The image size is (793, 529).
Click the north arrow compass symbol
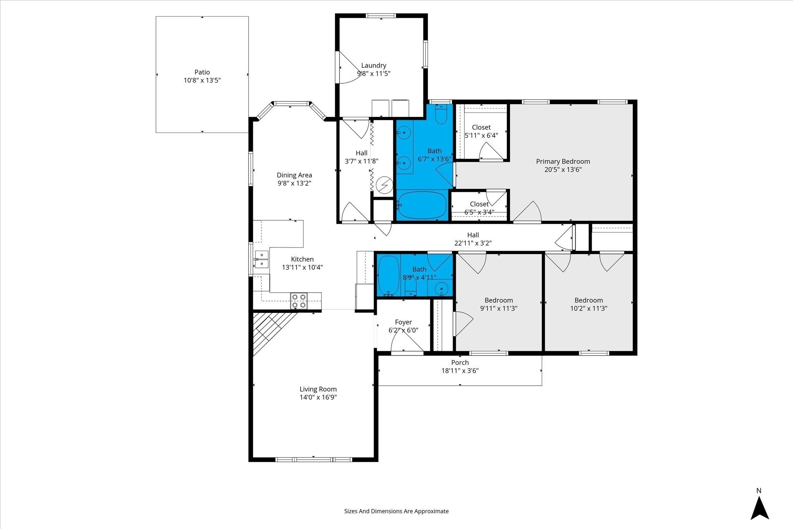759,509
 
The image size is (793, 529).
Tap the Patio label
202,72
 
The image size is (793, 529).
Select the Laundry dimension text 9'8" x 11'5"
374,74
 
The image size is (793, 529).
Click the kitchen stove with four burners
299,301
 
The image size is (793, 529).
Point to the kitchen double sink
261,259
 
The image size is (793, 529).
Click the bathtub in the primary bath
422,205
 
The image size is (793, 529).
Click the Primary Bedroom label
563,161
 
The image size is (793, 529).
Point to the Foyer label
403,322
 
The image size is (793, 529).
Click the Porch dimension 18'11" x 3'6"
460,371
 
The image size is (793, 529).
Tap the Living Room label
318,389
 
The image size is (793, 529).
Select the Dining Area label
294,175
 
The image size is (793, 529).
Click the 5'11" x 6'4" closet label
481,136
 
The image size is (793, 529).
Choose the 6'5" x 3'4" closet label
479,212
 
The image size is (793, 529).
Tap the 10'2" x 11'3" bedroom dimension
589,309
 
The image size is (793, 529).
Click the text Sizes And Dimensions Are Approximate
396,511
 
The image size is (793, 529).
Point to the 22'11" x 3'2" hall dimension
473,244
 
